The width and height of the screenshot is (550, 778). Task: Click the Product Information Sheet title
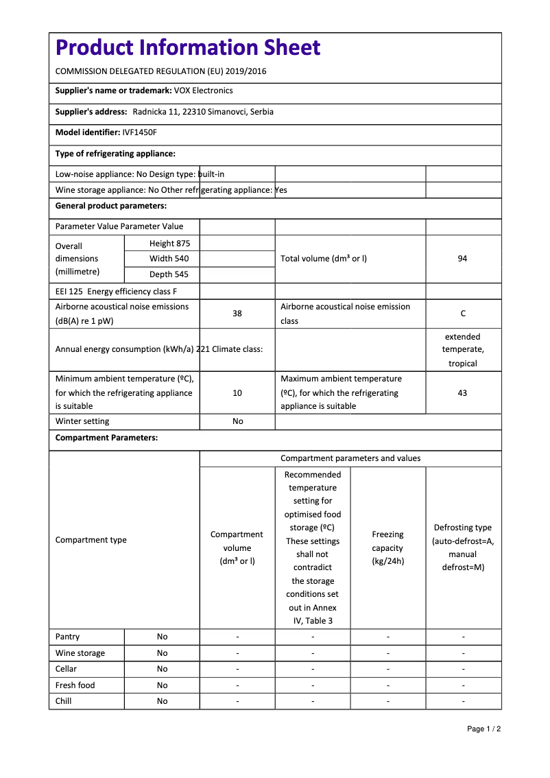pyautogui.click(x=188, y=47)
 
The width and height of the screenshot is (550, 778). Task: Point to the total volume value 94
pyautogui.click(x=462, y=259)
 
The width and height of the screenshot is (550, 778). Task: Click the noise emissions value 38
pyautogui.click(x=237, y=314)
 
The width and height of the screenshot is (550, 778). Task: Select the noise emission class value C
pyautogui.click(x=463, y=314)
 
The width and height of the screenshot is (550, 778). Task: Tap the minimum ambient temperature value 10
pyautogui.click(x=237, y=393)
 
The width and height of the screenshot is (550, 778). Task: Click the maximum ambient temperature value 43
pyautogui.click(x=462, y=393)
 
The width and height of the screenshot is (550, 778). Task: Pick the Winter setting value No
pyautogui.click(x=237, y=421)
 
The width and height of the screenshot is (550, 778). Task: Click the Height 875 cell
pyautogui.click(x=169, y=244)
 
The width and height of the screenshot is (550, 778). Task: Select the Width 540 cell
pyautogui.click(x=169, y=259)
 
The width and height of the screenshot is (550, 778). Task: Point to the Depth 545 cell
pyautogui.click(x=169, y=274)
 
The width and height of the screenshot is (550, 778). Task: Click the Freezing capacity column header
pyautogui.click(x=387, y=547)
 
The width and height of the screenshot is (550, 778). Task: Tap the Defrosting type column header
pyautogui.click(x=463, y=547)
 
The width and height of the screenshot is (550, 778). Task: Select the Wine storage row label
pyautogui.click(x=80, y=653)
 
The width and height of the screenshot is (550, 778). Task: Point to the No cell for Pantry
pyautogui.click(x=162, y=637)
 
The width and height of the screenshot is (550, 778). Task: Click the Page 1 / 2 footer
pyautogui.click(x=483, y=729)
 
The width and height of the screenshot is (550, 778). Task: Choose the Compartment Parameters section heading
pyautogui.click(x=106, y=438)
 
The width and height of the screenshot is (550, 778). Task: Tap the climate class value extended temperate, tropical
pyautogui.click(x=463, y=350)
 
